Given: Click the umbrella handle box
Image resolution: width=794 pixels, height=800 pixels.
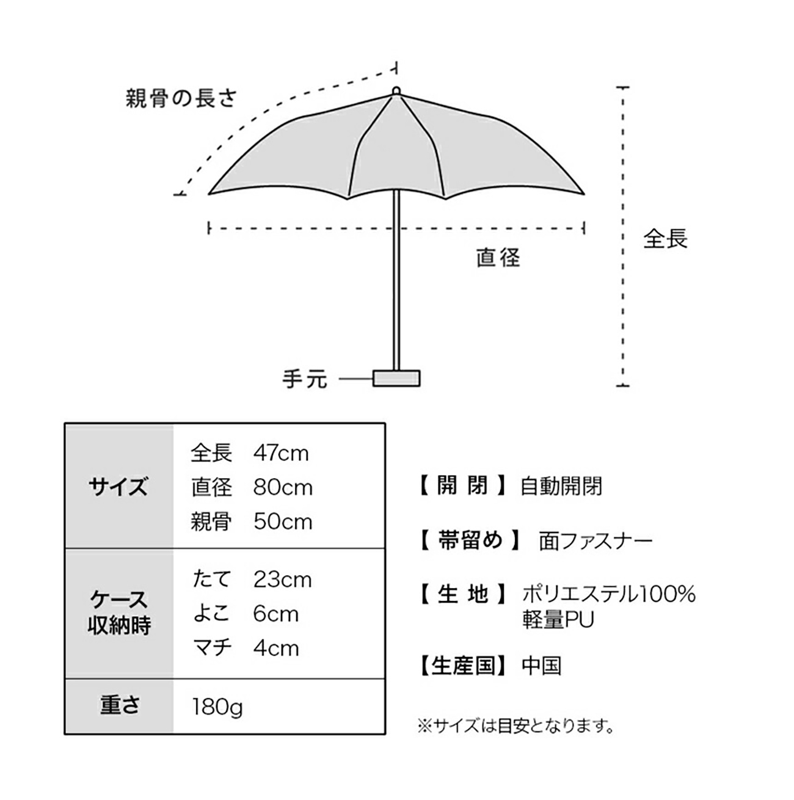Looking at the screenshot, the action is point(396,378).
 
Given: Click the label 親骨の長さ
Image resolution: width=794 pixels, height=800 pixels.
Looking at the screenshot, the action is point(181,98).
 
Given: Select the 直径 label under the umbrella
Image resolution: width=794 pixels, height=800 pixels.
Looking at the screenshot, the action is point(498,257).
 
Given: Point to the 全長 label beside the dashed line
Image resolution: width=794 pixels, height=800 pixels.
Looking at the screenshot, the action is point(665,239).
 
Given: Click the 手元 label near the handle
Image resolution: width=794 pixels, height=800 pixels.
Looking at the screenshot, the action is point(305,379).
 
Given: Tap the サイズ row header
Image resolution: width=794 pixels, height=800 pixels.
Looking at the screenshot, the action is point(118,486).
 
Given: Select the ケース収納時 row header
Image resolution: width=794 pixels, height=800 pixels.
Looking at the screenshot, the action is point(118,613).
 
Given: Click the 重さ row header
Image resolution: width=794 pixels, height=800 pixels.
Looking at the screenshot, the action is point(119,705).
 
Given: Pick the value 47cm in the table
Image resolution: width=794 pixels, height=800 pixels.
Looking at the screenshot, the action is point(281,453).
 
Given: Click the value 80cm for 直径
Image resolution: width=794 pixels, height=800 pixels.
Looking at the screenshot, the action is point(283,487).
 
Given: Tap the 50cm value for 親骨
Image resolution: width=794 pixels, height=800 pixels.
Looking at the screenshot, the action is point(283,522).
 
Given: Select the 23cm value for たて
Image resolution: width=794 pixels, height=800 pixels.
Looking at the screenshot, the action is point(282,580).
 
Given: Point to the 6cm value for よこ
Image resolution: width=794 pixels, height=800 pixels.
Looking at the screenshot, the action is point(275,614).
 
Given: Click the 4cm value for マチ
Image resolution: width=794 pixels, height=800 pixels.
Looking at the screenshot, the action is point(276,648).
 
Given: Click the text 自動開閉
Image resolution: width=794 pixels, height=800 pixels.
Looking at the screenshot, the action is point(561,486).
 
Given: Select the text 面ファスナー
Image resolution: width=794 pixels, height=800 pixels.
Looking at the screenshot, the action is point(596,541).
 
